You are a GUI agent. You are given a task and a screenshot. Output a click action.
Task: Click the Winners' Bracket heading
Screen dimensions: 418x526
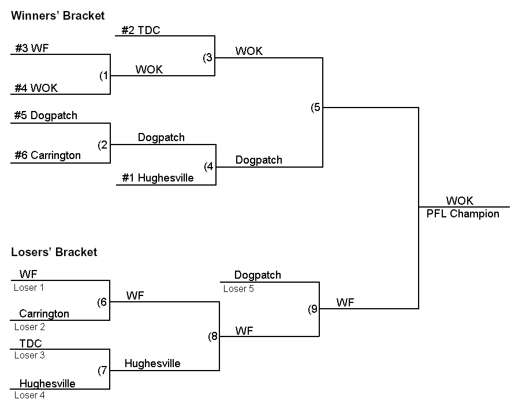(58, 16)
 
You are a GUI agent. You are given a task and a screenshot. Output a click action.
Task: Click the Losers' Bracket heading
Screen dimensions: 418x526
(54, 252)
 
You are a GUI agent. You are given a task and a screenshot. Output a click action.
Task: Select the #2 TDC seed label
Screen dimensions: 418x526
(141, 31)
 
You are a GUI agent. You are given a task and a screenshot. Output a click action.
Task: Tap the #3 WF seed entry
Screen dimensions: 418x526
(32, 49)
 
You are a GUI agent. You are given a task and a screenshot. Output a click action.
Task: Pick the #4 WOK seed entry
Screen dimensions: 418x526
(36, 88)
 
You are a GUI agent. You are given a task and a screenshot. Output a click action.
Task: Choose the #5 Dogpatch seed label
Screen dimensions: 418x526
(46, 116)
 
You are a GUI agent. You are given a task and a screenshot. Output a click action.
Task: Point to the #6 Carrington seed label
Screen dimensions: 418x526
(47, 156)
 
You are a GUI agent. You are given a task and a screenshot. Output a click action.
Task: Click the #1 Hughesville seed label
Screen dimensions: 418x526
(158, 178)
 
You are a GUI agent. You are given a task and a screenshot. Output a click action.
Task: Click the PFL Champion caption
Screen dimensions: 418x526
(462, 214)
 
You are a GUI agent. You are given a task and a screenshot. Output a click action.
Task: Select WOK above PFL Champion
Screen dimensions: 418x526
(460, 201)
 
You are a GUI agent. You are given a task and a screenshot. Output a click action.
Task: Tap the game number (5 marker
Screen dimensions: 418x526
(315, 108)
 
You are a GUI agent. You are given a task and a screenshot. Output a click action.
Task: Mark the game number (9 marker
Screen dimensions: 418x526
(312, 309)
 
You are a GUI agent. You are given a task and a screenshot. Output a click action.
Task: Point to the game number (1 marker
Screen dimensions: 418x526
(104, 76)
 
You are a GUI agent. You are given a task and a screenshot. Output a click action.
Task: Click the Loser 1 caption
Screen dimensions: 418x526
(29, 287)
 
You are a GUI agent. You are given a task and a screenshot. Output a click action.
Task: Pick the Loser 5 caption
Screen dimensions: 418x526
(238, 289)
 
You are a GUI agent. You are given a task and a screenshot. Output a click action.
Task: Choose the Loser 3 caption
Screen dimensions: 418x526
(29, 356)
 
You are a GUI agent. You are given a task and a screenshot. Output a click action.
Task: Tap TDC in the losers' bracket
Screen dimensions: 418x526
(31, 343)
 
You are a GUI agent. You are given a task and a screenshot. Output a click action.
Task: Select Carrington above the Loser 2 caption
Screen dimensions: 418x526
(44, 314)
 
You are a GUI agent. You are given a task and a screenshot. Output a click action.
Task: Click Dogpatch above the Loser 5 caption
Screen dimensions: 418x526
(258, 275)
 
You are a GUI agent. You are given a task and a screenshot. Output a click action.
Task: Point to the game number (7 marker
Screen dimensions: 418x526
(103, 371)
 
